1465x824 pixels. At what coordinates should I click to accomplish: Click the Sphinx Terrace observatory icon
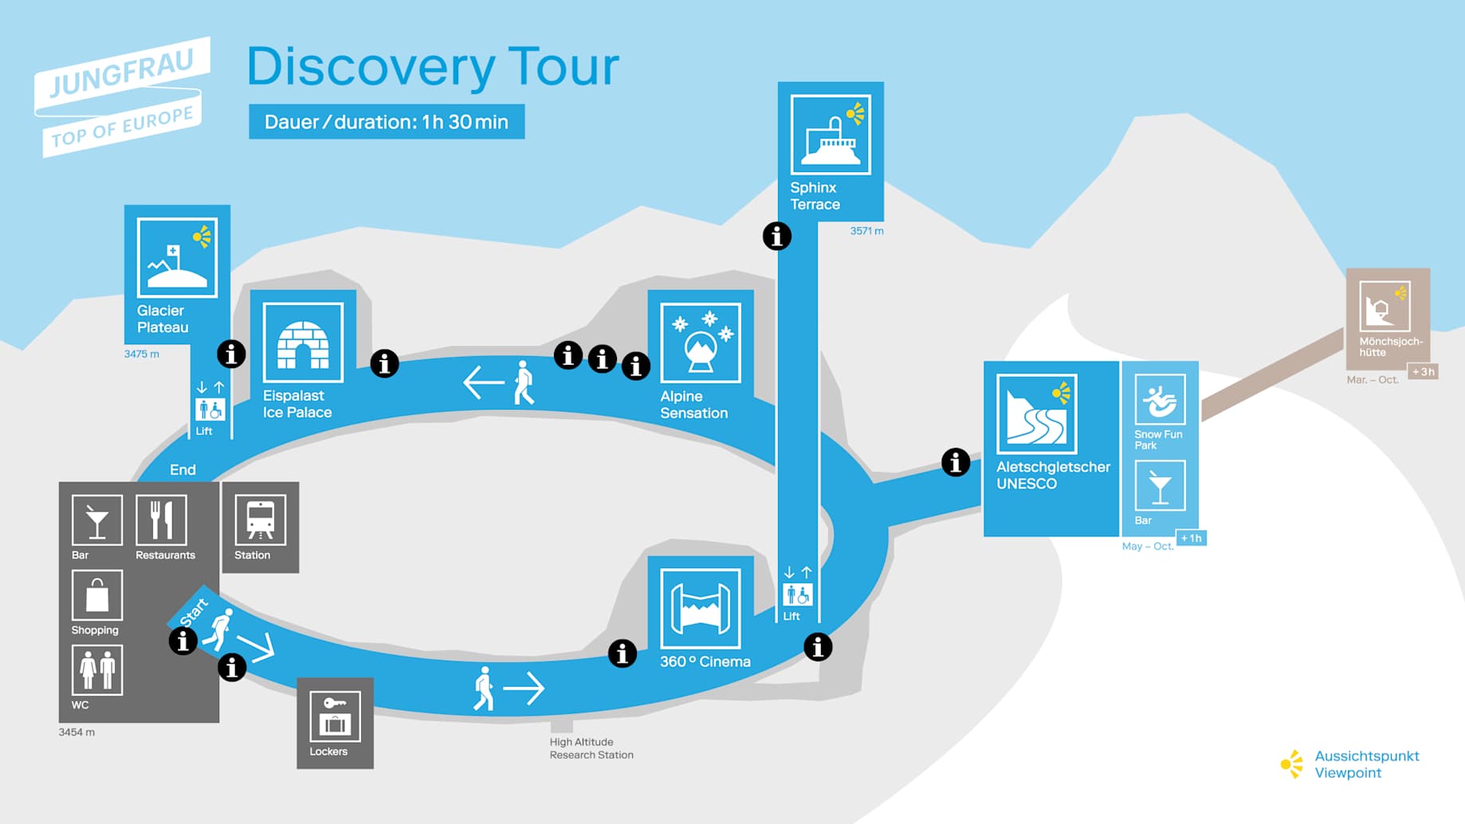coord(831,135)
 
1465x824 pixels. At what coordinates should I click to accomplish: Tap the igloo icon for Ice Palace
coord(303,343)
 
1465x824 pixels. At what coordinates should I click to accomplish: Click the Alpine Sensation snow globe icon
coord(701,343)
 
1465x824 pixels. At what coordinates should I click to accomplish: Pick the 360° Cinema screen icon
coord(701,609)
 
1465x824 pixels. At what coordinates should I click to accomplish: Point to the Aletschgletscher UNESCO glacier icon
coord(1036,414)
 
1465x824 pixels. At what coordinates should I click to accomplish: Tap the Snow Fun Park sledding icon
coord(1160,399)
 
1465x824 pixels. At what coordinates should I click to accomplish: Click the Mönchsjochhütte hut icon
coord(1384,306)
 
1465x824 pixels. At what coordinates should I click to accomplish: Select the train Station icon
coord(260,519)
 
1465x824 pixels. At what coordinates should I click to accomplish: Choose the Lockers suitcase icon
coord(335,716)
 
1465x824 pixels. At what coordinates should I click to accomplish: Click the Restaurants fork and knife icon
coord(161,520)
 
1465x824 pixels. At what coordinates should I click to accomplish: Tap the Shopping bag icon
coord(97,594)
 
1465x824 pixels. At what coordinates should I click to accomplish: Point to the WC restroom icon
coord(97,669)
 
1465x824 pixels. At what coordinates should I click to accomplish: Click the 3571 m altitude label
coord(866,231)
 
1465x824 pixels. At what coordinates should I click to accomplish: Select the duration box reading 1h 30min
coord(387,122)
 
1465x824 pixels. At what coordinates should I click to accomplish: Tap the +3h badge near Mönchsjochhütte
coord(1423,371)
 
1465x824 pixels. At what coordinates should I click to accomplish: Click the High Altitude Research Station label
coord(591,748)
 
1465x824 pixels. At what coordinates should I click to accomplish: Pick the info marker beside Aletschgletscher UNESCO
coord(956,462)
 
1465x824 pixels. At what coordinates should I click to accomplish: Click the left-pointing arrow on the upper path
coord(484,383)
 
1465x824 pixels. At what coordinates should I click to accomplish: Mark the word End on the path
coord(183,470)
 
